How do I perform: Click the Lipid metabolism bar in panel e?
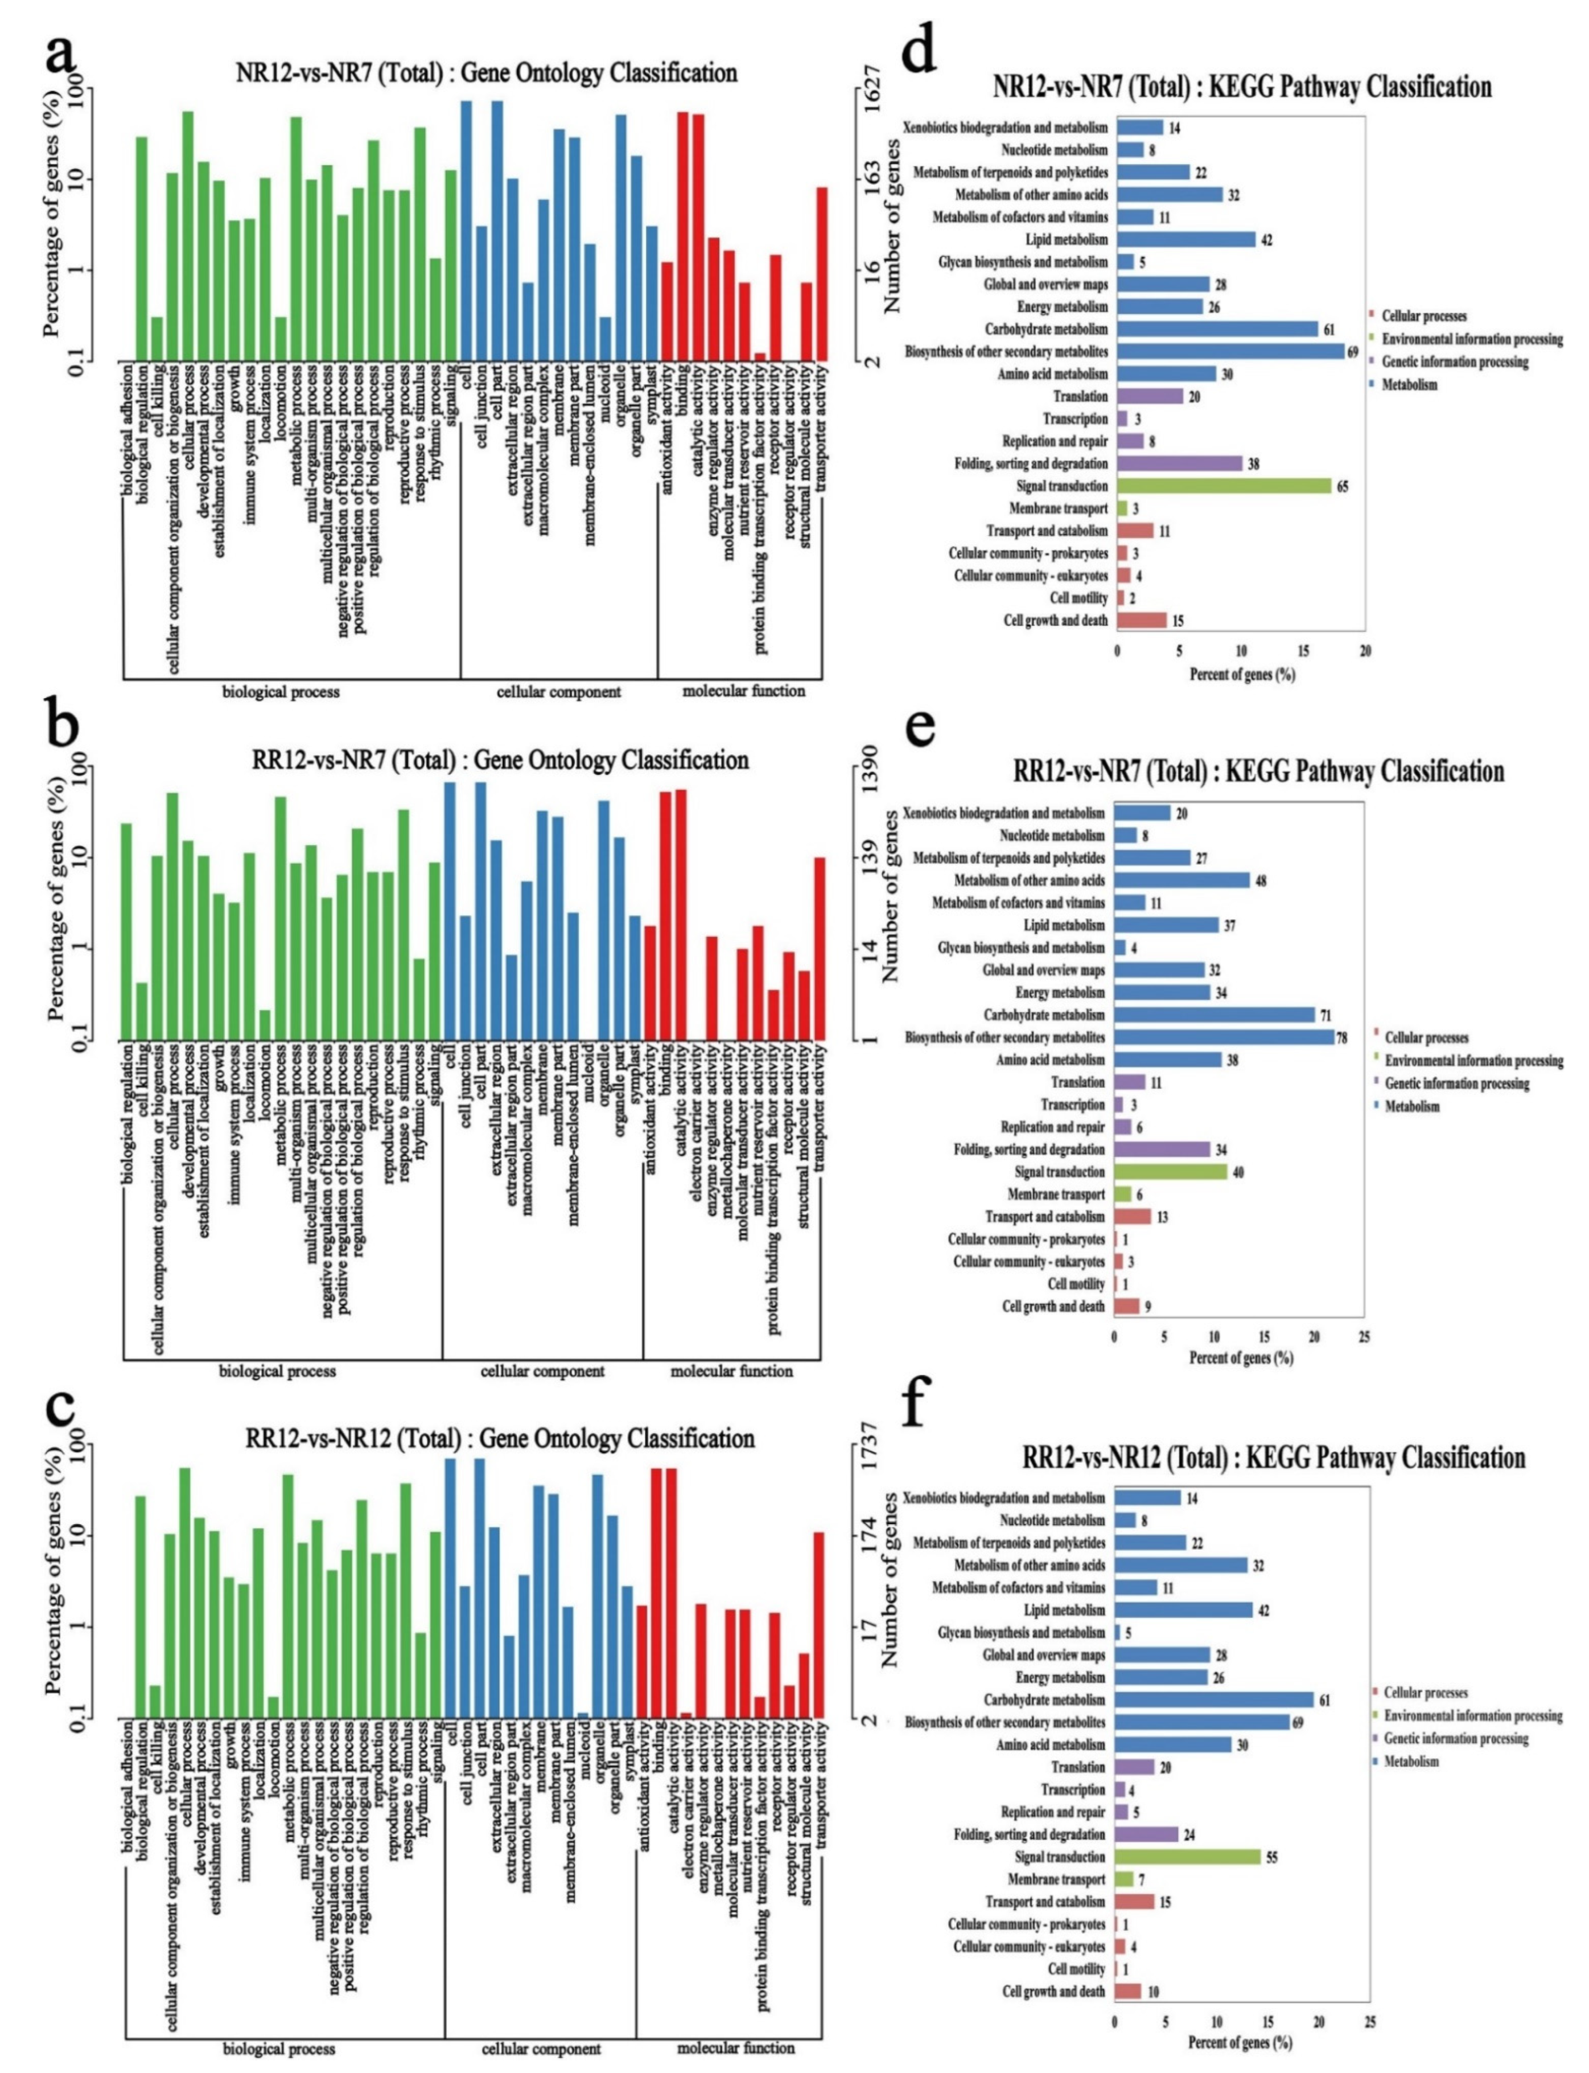tap(1166, 925)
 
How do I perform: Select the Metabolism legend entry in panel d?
tap(1409, 384)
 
